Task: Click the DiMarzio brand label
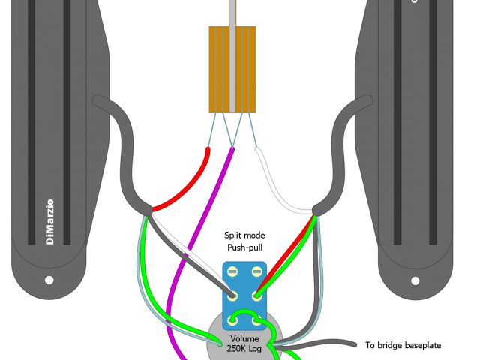(50, 221)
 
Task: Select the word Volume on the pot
(244, 338)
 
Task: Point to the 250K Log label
(244, 349)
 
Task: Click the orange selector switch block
(232, 70)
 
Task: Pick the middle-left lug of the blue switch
(234, 295)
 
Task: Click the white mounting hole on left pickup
(49, 280)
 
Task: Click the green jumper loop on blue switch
(244, 313)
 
